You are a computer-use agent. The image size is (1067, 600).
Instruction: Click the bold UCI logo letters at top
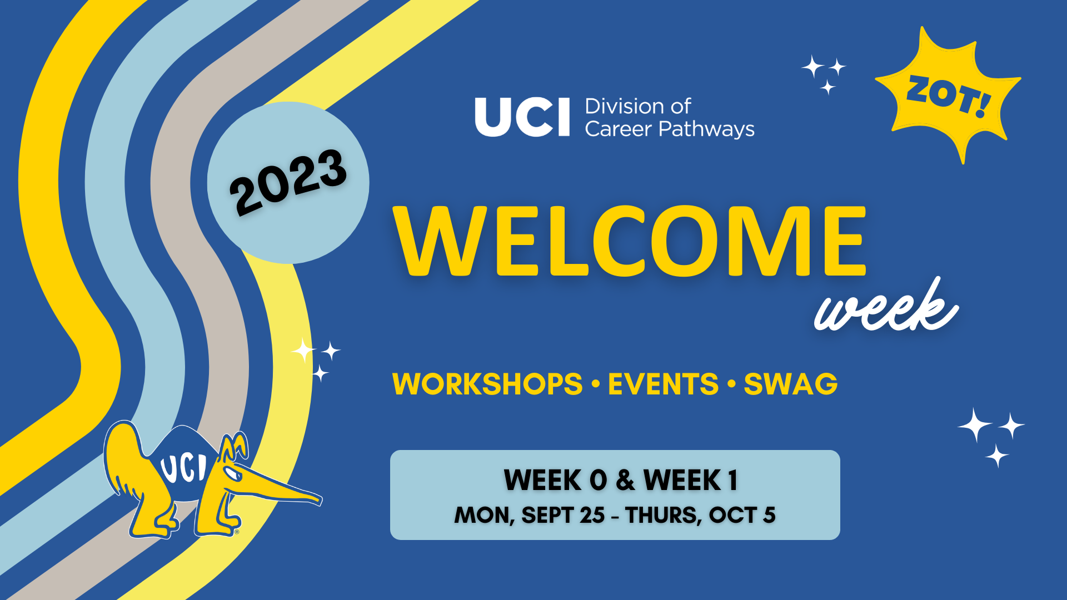[x=522, y=117]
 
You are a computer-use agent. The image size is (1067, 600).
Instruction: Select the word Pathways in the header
[x=706, y=129]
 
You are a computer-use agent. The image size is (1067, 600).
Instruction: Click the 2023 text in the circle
[x=288, y=182]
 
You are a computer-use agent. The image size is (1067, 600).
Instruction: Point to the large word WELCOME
[x=630, y=241]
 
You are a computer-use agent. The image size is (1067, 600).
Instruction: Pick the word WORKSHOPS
[x=487, y=384]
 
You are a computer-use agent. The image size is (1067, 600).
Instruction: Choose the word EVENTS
[x=663, y=384]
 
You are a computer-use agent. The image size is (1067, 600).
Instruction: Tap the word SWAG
[x=790, y=384]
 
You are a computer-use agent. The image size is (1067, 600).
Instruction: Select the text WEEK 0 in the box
[x=555, y=481]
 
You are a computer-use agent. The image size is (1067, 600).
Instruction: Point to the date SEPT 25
[x=563, y=516]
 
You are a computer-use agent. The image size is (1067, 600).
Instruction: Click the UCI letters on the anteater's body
[x=183, y=468]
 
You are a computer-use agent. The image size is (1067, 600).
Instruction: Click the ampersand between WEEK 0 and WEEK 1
[x=625, y=481]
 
